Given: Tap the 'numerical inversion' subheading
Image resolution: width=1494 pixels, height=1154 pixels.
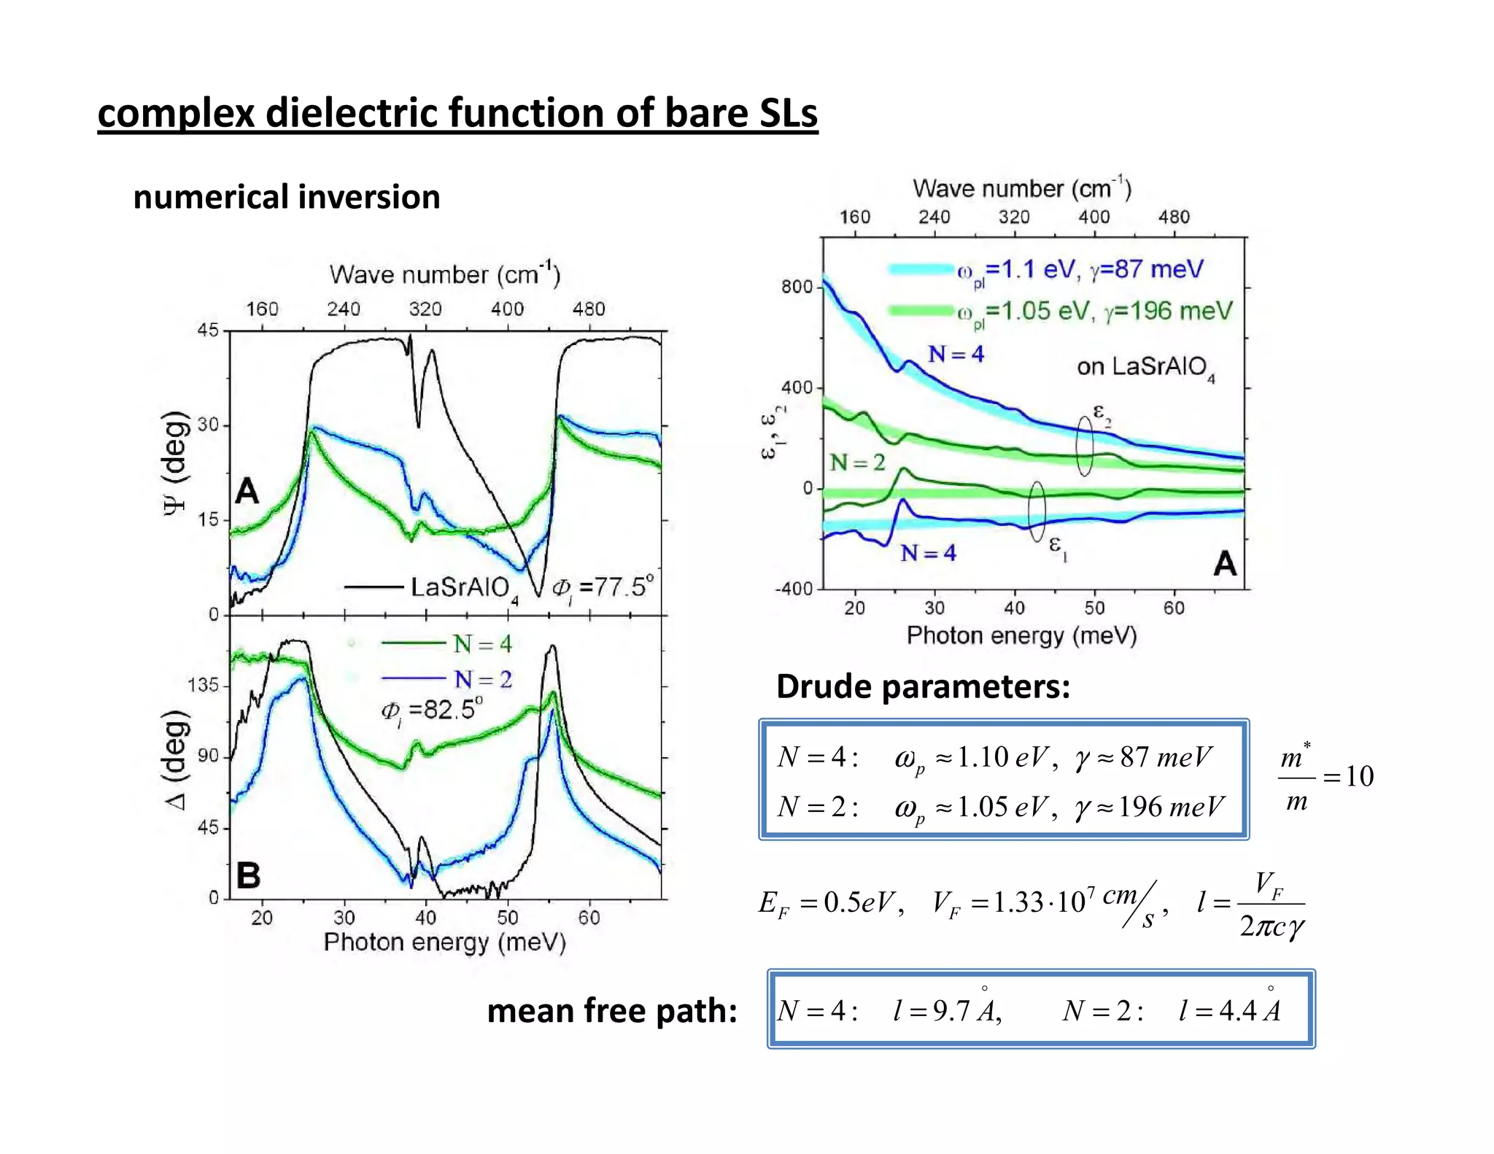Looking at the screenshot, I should click(x=287, y=197).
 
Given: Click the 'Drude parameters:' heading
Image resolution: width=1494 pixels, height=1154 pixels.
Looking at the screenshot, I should click(x=923, y=686).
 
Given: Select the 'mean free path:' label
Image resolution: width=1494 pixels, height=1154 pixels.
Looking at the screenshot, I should click(x=611, y=1011).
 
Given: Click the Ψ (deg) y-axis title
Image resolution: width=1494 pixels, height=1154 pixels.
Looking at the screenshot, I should click(x=175, y=464).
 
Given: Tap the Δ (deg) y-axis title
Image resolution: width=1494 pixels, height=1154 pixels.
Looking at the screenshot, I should click(x=176, y=759).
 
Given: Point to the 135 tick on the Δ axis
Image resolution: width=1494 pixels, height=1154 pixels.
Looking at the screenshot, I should click(x=203, y=686).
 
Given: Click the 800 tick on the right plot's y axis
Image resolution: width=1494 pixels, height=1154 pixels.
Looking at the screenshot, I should click(x=797, y=287).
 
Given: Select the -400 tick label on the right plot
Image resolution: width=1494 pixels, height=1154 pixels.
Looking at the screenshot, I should click(x=794, y=589).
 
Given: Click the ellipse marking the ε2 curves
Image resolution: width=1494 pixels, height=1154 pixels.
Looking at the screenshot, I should click(x=1085, y=446).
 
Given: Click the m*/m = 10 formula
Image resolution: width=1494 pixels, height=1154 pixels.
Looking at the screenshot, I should click(x=1325, y=776).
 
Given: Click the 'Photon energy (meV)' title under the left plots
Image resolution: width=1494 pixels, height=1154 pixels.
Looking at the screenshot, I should click(x=445, y=942).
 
